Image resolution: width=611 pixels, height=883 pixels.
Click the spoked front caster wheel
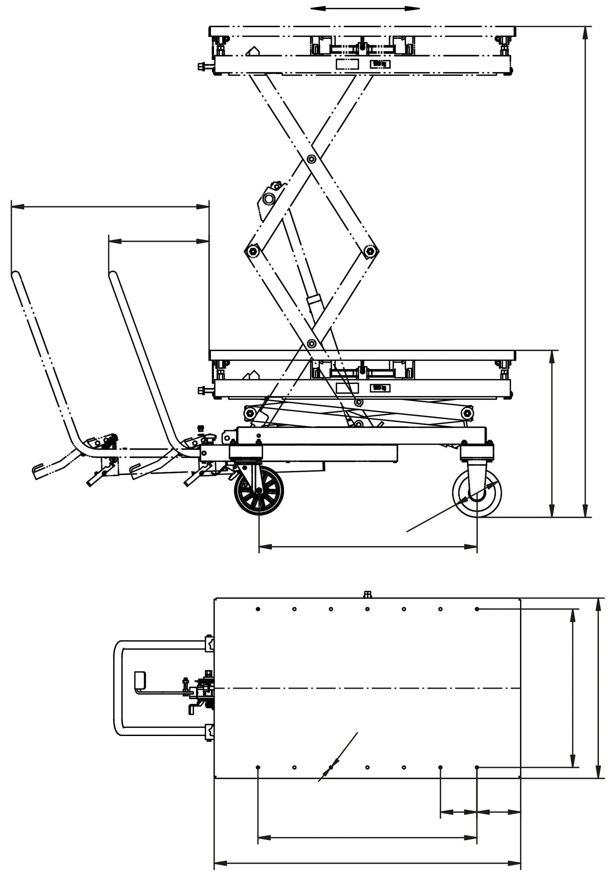pyautogui.click(x=259, y=491)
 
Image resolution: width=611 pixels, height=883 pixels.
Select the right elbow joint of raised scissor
pyautogui.click(x=369, y=251)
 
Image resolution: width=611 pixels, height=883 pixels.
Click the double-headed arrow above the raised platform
pyautogui.click(x=365, y=8)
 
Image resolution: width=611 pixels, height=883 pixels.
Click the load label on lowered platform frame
pyautogui.click(x=380, y=388)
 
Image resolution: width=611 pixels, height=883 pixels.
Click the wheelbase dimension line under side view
pyautogui.click(x=368, y=546)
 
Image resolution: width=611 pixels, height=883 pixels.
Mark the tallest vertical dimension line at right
pyautogui.click(x=585, y=272)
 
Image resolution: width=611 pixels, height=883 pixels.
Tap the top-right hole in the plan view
pyautogui.click(x=477, y=609)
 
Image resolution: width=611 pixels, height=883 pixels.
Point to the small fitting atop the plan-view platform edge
pyautogui.click(x=367, y=594)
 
